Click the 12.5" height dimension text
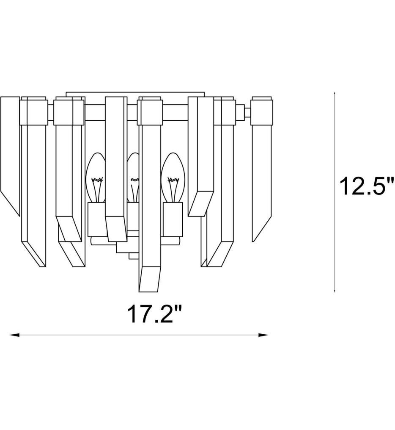pyautogui.click(x=366, y=186)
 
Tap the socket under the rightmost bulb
pyautogui.click(x=173, y=219)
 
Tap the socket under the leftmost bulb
pyautogui.click(x=96, y=219)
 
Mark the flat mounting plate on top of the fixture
pyautogui.click(x=135, y=94)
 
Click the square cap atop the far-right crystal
pyautogui.click(x=261, y=111)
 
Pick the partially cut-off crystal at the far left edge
pyautogui.click(x=10, y=153)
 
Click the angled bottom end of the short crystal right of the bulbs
pyautogui.click(x=201, y=203)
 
